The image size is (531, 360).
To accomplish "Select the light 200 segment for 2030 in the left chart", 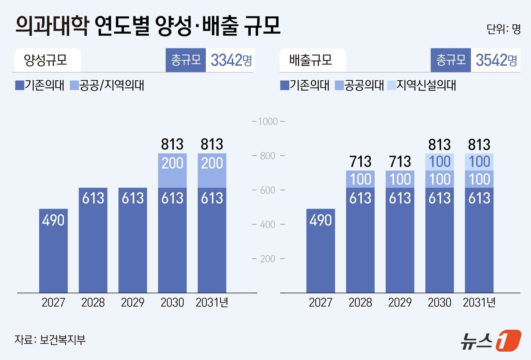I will (172, 171).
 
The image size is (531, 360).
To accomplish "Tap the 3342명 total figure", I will (231, 60).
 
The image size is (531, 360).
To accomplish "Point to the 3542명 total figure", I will (496, 60).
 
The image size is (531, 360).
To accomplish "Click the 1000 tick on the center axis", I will (268, 122).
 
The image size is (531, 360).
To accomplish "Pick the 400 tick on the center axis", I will (268, 224).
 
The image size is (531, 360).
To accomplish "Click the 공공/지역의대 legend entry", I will (108, 85).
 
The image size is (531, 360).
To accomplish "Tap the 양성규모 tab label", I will (46, 60).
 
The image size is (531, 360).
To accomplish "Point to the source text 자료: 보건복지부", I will (50, 339).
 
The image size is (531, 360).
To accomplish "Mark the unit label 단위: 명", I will (503, 29).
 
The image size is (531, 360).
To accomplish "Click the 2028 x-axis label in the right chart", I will (360, 302).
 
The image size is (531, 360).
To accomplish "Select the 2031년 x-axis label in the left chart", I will (212, 302).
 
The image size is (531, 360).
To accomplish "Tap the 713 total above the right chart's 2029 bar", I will (400, 162).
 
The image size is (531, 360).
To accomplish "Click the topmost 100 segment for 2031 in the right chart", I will (479, 162).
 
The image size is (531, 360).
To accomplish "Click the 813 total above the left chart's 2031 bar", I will (212, 144).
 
